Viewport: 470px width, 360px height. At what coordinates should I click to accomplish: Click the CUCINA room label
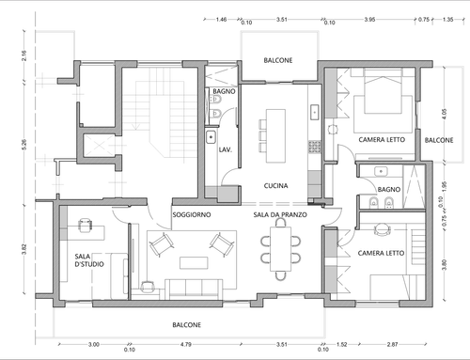click(x=275, y=186)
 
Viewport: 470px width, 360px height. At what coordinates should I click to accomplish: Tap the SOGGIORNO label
click(x=192, y=214)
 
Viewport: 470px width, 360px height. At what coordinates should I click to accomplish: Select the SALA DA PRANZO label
click(x=280, y=214)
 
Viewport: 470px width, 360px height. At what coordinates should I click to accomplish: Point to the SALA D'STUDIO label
click(x=89, y=260)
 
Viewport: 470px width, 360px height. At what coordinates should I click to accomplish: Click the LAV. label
click(x=226, y=149)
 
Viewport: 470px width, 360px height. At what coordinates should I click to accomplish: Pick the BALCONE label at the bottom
click(x=187, y=325)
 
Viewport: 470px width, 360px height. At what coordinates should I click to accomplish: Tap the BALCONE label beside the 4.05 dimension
click(x=439, y=140)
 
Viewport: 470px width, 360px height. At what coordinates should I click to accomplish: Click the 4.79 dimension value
click(x=186, y=344)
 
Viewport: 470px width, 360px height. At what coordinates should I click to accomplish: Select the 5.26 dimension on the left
click(x=24, y=144)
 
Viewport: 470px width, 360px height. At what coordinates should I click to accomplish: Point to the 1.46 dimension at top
click(x=221, y=20)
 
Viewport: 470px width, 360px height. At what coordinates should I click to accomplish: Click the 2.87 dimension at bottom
click(x=392, y=344)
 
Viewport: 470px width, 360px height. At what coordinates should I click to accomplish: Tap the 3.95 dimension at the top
click(x=369, y=20)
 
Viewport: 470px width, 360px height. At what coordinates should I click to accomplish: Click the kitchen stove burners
click(x=315, y=147)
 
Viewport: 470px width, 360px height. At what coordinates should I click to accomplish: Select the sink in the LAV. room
click(x=211, y=137)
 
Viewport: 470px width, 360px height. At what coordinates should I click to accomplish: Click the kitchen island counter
click(x=275, y=135)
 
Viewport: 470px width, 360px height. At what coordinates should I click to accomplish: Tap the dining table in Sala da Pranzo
click(x=281, y=249)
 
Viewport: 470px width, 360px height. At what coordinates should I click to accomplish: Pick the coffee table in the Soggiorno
click(x=194, y=263)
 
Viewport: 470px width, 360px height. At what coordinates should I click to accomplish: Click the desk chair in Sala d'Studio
click(x=85, y=225)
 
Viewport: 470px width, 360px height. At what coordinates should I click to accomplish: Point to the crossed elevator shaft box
click(x=100, y=145)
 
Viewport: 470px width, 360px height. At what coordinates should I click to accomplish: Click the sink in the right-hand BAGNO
click(x=381, y=171)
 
